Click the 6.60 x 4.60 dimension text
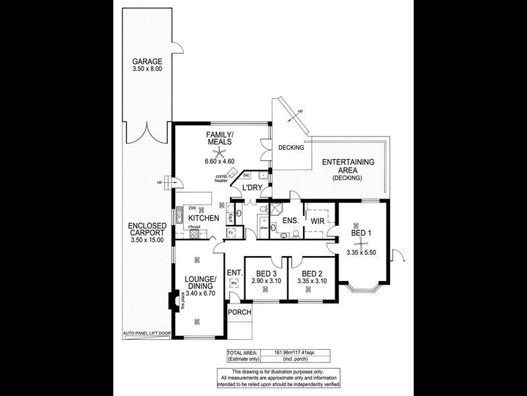pyautogui.click(x=220, y=160)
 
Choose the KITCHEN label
pyautogui.click(x=204, y=218)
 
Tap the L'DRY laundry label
pyautogui.click(x=253, y=188)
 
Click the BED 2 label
pyautogui.click(x=312, y=274)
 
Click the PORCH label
pyautogui.click(x=240, y=312)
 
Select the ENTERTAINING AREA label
pyautogui.click(x=348, y=166)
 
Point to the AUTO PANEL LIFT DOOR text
pyautogui.click(x=147, y=334)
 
